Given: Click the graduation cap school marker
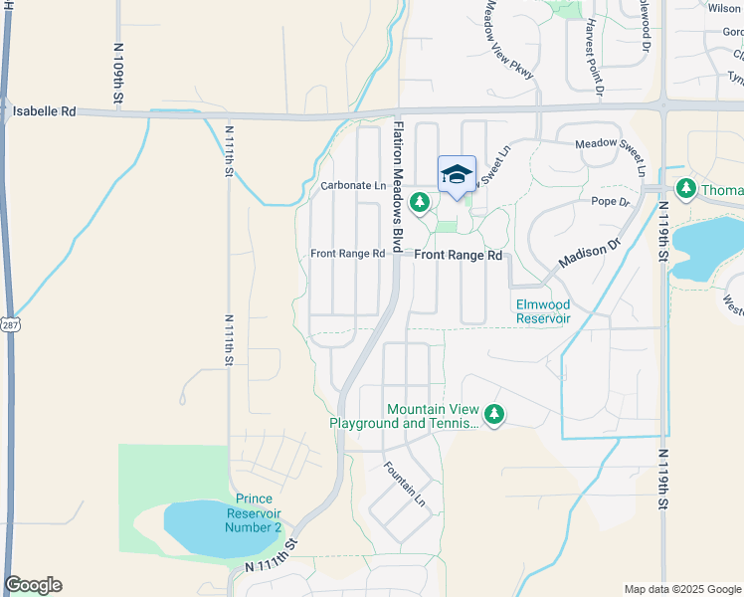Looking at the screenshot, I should click(x=457, y=174).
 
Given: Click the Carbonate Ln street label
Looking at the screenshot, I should click(x=352, y=186).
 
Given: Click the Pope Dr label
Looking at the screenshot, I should click(x=611, y=202).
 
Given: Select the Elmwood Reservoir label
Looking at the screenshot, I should click(x=543, y=311).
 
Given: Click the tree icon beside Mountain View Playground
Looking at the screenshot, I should click(x=494, y=414).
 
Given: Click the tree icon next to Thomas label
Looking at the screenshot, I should click(x=685, y=188).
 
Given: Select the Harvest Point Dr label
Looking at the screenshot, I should click(x=594, y=58).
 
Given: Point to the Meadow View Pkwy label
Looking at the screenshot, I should click(x=509, y=40).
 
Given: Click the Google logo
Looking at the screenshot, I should click(x=33, y=585).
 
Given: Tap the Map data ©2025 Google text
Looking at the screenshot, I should click(x=681, y=589).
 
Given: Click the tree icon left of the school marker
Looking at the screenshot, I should click(x=421, y=203).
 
